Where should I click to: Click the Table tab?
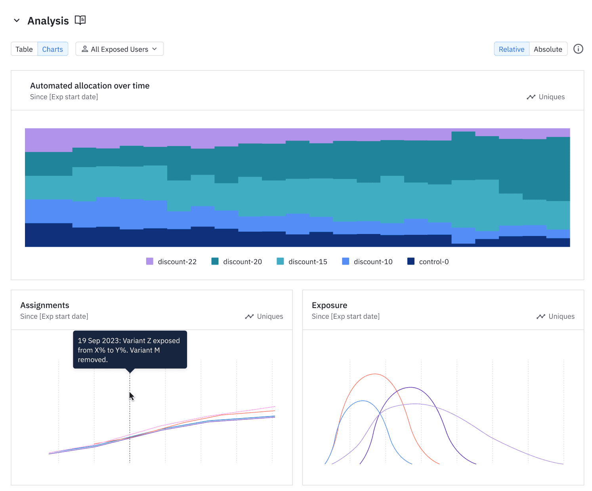pyautogui.click(x=24, y=49)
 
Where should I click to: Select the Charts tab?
pyautogui.click(x=53, y=49)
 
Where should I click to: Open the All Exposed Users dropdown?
pyautogui.click(x=119, y=49)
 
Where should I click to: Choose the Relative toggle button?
pyautogui.click(x=511, y=49)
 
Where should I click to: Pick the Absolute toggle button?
pyautogui.click(x=548, y=49)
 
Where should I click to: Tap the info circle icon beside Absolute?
pyautogui.click(x=578, y=49)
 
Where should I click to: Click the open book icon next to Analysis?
pyautogui.click(x=80, y=20)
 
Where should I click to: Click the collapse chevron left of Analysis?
pyautogui.click(x=17, y=21)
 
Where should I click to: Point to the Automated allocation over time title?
pyautogui.click(x=90, y=86)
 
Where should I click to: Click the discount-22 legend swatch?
pyautogui.click(x=150, y=261)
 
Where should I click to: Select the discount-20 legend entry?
pyautogui.click(x=237, y=261)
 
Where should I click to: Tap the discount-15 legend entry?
pyautogui.click(x=302, y=261)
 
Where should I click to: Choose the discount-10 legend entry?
pyautogui.click(x=367, y=261)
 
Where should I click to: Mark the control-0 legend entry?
pyautogui.click(x=428, y=261)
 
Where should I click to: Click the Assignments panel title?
pyautogui.click(x=45, y=305)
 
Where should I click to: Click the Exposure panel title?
pyautogui.click(x=329, y=305)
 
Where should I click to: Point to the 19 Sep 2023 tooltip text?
pyautogui.click(x=129, y=350)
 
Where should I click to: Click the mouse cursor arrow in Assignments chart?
pyautogui.click(x=132, y=396)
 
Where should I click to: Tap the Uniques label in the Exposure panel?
pyautogui.click(x=561, y=316)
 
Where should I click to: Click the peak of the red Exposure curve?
pyautogui.click(x=374, y=374)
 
